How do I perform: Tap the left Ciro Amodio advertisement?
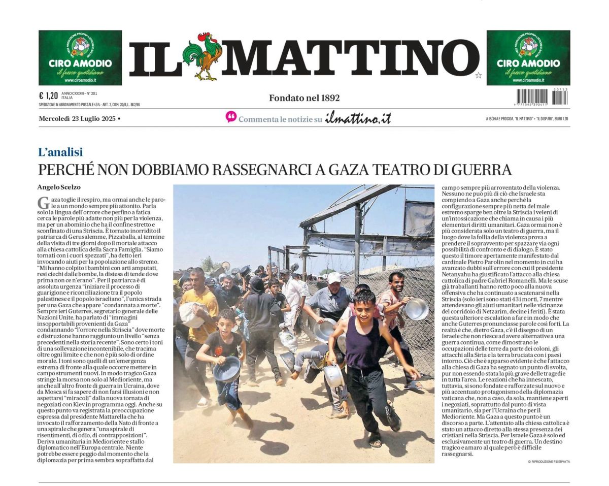[80, 57]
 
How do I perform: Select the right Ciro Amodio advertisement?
[528, 57]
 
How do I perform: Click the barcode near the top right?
[542, 96]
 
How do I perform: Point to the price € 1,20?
[48, 95]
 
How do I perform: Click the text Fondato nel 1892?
[304, 98]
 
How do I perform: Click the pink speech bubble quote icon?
[231, 117]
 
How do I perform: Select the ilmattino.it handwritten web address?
[358, 118]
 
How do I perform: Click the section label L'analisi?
[60, 152]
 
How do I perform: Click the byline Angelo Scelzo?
[59, 187]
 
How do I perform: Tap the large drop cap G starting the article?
[43, 202]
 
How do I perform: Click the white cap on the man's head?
[334, 278]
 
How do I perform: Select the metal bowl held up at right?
[417, 309]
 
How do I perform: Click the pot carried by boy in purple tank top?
[334, 376]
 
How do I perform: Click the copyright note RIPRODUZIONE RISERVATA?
[549, 462]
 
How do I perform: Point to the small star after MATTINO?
[478, 75]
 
